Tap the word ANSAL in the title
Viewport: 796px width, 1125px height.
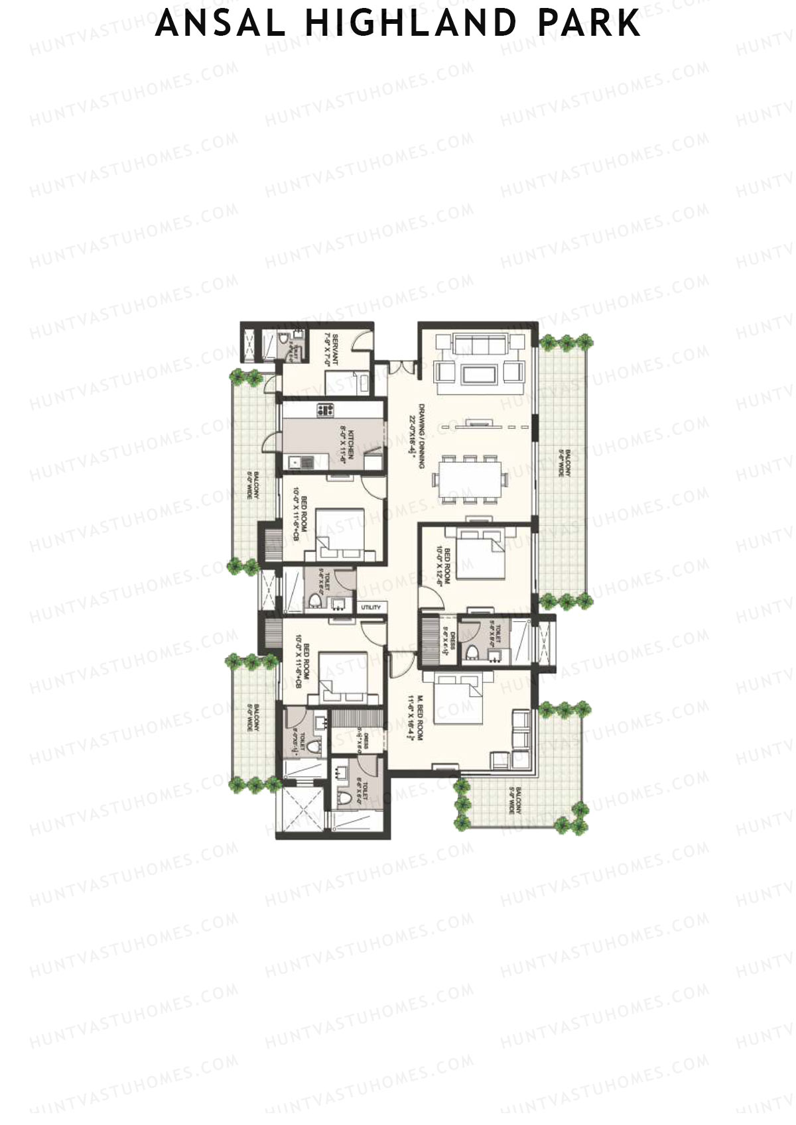(x=220, y=23)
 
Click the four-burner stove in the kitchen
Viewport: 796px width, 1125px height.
(x=324, y=410)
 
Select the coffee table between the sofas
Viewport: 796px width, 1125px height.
(x=477, y=374)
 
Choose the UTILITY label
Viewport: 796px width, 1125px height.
(x=371, y=607)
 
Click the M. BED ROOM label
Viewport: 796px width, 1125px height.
(x=415, y=717)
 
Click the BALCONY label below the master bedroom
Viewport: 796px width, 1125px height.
(x=515, y=801)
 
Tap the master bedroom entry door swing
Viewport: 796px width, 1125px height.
(x=402, y=664)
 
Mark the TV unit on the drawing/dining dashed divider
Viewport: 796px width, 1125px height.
(x=476, y=422)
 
